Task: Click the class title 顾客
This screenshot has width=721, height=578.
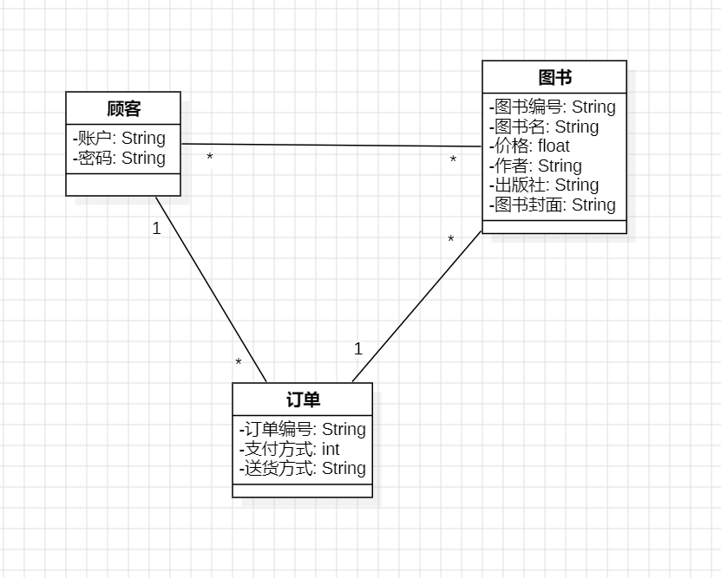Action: (x=123, y=109)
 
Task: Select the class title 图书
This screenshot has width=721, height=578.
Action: (x=554, y=77)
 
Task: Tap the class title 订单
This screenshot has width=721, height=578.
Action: (x=303, y=399)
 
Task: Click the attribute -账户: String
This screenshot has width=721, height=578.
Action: (x=120, y=138)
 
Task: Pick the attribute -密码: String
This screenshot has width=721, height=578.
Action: (x=120, y=158)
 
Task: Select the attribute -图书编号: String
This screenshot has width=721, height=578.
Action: (x=553, y=107)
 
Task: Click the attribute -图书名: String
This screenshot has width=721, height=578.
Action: (x=544, y=127)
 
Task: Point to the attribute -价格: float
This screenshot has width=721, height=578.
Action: (x=529, y=146)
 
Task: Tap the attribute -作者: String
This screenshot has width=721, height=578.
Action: (x=535, y=166)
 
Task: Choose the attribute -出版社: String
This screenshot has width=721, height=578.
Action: (x=544, y=185)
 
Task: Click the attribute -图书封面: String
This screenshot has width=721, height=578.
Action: (x=553, y=205)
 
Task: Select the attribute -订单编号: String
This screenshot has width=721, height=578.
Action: (x=303, y=429)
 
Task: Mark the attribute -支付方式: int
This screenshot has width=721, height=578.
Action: (x=290, y=449)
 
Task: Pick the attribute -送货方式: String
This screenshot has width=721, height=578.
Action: (x=303, y=469)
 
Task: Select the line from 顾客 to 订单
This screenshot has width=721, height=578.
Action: (x=211, y=289)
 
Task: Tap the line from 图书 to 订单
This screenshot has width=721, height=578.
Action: (x=416, y=306)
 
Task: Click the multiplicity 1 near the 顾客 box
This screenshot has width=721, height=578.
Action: (x=156, y=230)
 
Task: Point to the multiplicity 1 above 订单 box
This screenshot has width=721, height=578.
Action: (x=357, y=349)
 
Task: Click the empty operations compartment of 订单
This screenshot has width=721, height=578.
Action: (x=303, y=490)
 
